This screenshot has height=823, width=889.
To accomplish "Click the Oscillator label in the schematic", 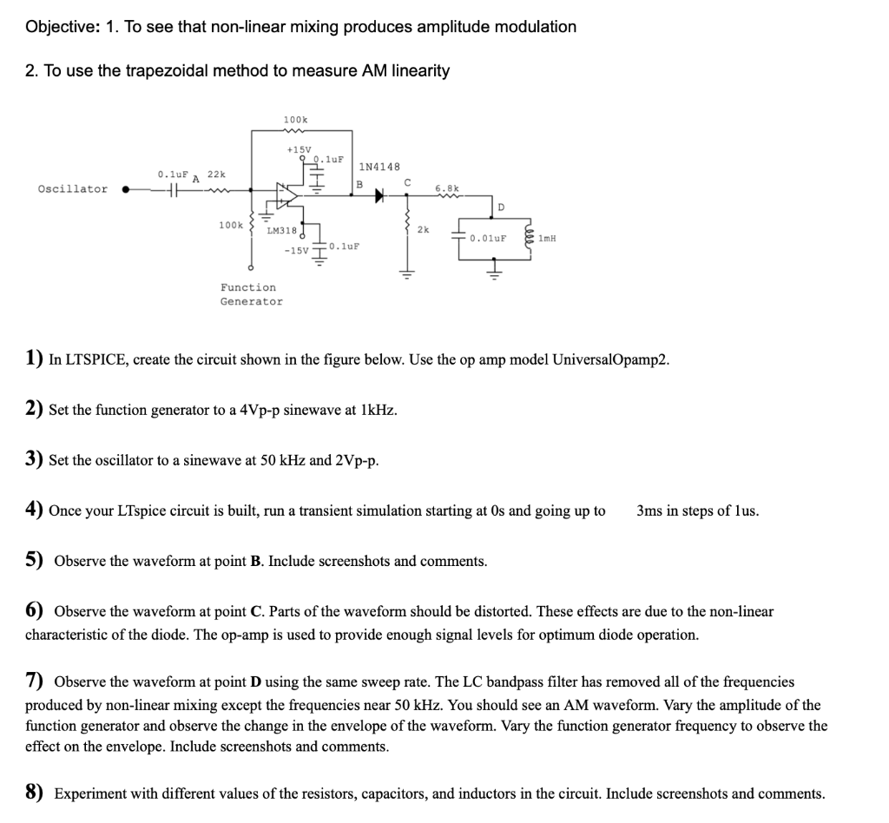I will tap(73, 189).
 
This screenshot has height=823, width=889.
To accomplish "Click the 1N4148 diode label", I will tap(379, 166).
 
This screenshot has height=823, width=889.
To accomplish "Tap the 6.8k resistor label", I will tap(447, 187).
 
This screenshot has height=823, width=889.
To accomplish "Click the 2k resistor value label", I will tap(423, 230).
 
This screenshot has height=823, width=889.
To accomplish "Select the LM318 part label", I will tap(281, 230).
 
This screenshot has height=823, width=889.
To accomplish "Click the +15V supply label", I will tap(299, 149).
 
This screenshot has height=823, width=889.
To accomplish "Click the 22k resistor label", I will tap(216, 174).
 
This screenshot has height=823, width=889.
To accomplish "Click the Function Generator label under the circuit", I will tap(251, 294).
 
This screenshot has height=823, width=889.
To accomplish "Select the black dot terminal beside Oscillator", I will tap(126, 188).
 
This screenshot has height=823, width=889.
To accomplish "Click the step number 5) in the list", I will tap(35, 560).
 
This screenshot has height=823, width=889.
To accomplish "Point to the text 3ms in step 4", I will tap(650, 510).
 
